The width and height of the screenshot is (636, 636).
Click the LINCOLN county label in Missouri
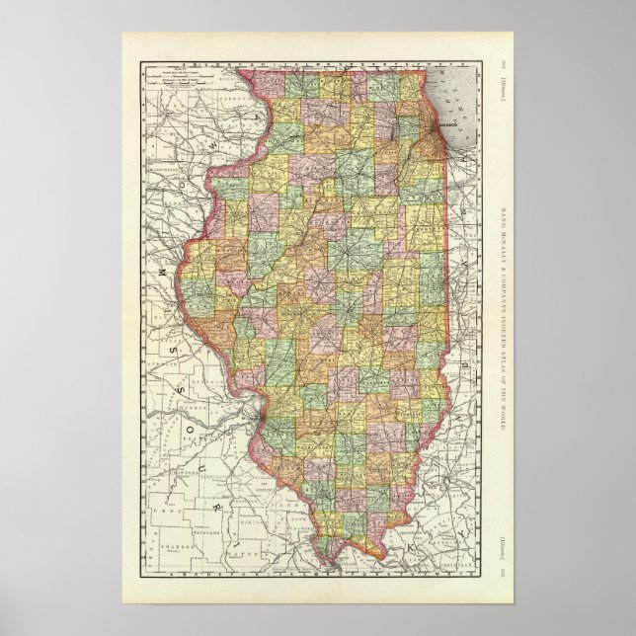[x=202, y=376]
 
